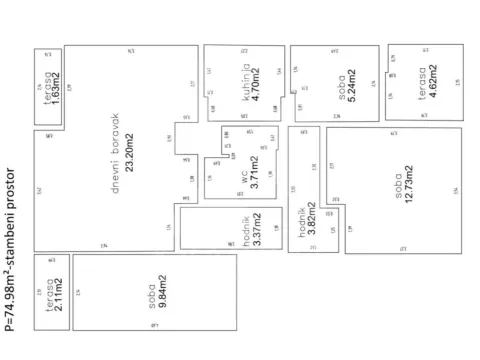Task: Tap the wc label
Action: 243,176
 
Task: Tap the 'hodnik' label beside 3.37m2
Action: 244,229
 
